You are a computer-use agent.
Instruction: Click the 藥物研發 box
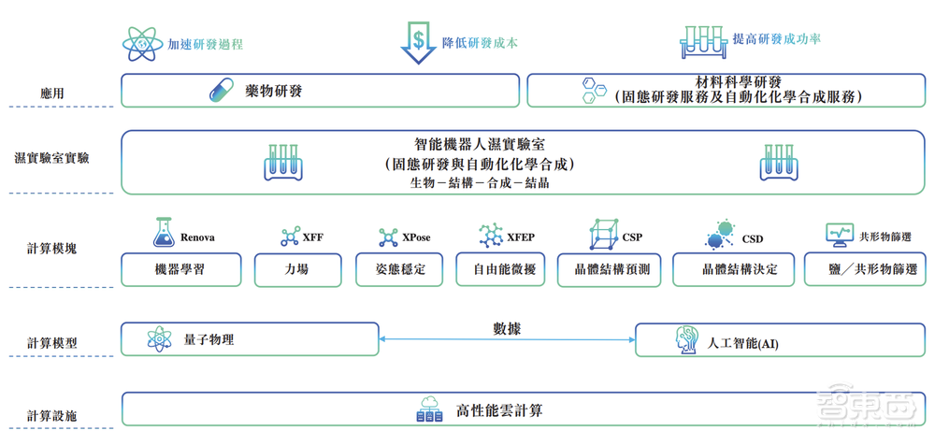point(320,91)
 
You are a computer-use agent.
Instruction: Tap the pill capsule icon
point(221,91)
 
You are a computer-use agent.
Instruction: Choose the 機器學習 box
point(181,270)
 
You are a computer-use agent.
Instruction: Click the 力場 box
point(298,270)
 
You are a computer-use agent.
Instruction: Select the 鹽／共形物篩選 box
point(861,270)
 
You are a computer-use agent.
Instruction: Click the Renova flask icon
point(164,234)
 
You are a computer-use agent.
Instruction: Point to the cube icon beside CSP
point(603,235)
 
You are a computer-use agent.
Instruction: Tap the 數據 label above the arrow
point(507,328)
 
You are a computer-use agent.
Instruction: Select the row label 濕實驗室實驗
point(52,159)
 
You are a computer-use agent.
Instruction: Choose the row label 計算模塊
point(52,249)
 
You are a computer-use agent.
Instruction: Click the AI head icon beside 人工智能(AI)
point(687,341)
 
